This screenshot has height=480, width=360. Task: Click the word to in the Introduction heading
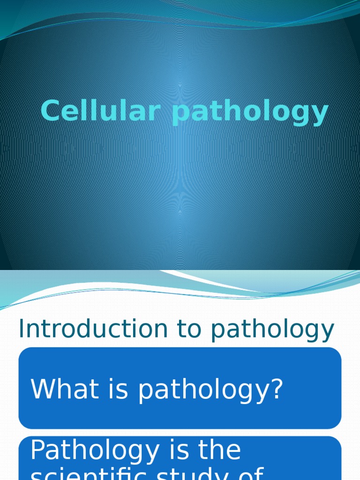[x=189, y=330]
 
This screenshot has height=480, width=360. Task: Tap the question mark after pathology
[x=277, y=389]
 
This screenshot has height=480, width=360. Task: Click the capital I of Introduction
[x=22, y=329]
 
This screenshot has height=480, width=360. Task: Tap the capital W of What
[x=42, y=389]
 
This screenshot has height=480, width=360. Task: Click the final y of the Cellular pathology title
[x=320, y=115]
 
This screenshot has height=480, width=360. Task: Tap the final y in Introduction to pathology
[x=327, y=332]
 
